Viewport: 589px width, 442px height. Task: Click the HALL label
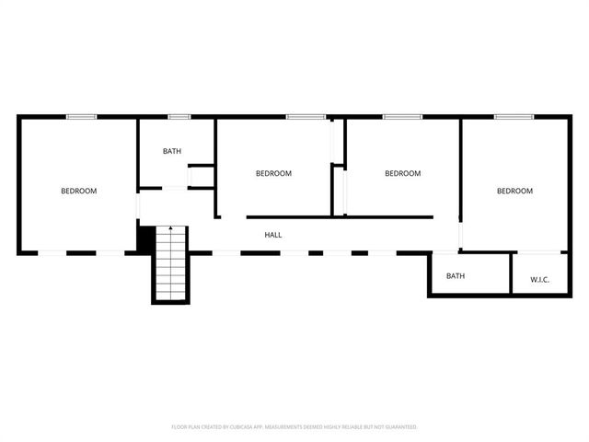[x=273, y=235]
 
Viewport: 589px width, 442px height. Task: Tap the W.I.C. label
[x=539, y=279]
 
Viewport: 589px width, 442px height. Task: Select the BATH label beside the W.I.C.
[x=456, y=275]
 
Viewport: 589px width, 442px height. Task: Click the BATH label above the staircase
[x=172, y=151]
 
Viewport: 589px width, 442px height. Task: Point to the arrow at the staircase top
[x=170, y=228]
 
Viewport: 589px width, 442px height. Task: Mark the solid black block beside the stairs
[x=144, y=238]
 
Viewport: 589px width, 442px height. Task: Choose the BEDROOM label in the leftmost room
[x=79, y=191]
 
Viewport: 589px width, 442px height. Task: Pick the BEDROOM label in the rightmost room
[x=514, y=191]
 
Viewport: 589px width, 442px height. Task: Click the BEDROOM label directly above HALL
[x=273, y=173]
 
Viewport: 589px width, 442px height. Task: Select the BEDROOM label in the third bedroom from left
[x=402, y=173]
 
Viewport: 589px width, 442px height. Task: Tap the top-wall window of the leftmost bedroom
[x=81, y=117]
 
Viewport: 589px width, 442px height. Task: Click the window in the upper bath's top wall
[x=179, y=117]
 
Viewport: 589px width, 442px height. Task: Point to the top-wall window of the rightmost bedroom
[x=514, y=117]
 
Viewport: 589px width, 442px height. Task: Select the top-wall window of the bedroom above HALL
[x=305, y=117]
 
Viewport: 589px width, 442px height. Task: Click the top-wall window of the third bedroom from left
[x=402, y=117]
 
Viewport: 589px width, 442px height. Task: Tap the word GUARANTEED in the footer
[x=398, y=427]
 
